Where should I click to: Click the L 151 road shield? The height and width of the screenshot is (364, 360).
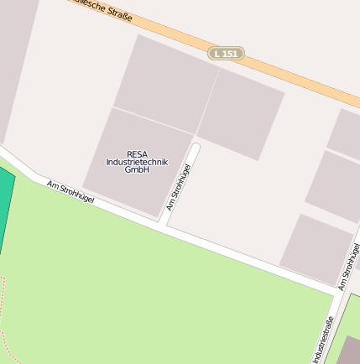pos(227,53)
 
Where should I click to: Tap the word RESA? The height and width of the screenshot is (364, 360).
pos(137,153)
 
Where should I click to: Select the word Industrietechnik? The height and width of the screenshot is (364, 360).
pos(137,161)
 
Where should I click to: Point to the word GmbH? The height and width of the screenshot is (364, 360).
pos(136,169)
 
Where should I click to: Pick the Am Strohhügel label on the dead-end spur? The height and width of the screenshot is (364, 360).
pos(179,186)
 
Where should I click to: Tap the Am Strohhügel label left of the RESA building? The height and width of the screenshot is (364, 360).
pos(70,191)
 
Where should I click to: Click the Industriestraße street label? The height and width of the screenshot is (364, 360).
pos(323,339)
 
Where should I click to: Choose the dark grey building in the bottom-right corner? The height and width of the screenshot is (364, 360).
pos(348,350)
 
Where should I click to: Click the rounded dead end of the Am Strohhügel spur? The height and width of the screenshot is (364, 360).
pos(196,148)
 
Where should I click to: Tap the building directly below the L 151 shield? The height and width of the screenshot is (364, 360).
pos(241,112)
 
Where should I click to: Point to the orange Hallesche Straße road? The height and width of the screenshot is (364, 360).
pos(277,63)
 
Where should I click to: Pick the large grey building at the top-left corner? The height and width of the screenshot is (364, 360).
pos(15,59)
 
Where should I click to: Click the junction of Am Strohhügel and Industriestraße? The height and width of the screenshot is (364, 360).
pos(339,294)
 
